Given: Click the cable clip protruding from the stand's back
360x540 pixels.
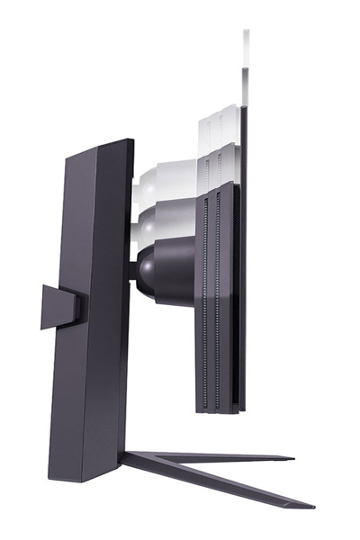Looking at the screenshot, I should (x=58, y=306).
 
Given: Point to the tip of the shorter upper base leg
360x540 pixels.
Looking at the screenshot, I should (x=290, y=458).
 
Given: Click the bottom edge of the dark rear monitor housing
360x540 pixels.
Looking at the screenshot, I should (x=216, y=411).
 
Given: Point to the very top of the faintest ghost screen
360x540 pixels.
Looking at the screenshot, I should (x=247, y=31).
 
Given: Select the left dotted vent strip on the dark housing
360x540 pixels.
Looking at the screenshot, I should (x=205, y=297).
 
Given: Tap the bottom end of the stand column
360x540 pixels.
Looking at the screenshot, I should (x=85, y=477).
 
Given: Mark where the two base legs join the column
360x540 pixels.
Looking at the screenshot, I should (x=126, y=458).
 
